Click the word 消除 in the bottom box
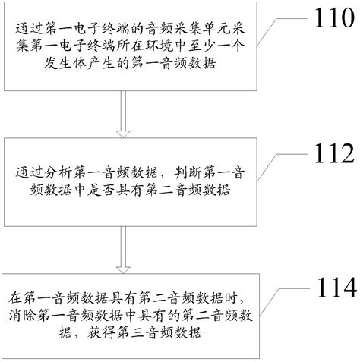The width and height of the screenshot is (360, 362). pos(22,313)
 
